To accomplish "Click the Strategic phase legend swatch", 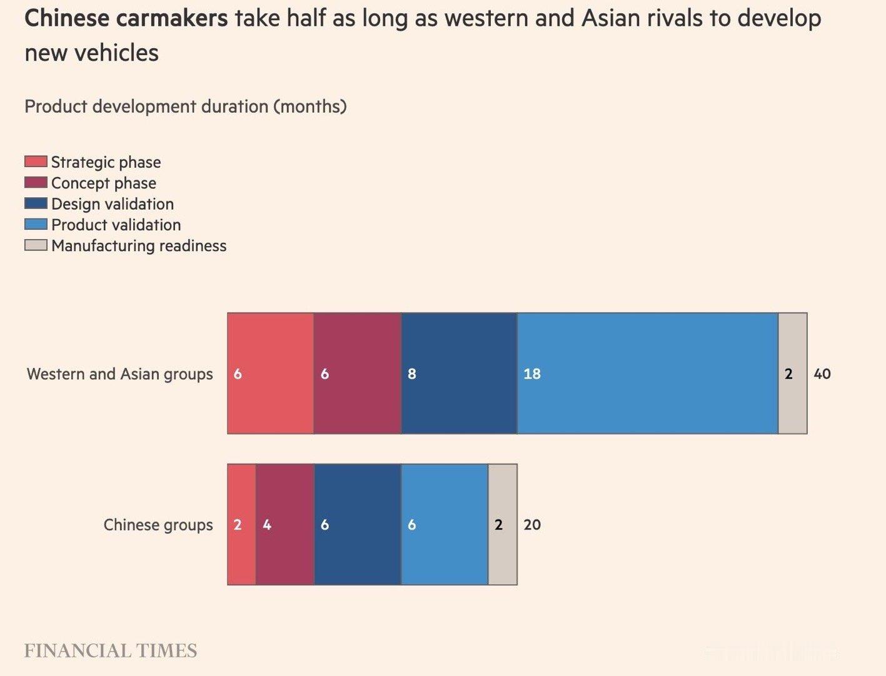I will click(x=36, y=161).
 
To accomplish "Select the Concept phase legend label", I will click(x=104, y=183).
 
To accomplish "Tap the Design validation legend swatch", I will click(x=36, y=203).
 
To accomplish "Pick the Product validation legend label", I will click(x=116, y=225).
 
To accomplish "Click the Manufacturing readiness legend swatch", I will click(x=36, y=245).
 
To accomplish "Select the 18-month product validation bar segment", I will click(x=647, y=373).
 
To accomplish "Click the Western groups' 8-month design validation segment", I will click(x=459, y=373).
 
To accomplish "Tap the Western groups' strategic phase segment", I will click(x=270, y=373).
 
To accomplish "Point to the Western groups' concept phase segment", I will click(x=357, y=373).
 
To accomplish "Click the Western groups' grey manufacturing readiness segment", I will click(x=792, y=373).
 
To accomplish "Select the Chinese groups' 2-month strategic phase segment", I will click(x=241, y=525).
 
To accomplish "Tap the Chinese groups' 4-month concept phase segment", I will click(x=284, y=525).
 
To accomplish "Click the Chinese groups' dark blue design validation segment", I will click(x=357, y=525).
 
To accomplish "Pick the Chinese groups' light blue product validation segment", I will click(x=444, y=525).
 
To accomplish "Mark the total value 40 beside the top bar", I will click(x=822, y=374).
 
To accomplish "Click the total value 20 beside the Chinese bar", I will click(x=532, y=525).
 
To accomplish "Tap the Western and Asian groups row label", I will click(x=119, y=374).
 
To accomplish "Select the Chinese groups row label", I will click(x=158, y=525).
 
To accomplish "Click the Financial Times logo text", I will click(x=111, y=651).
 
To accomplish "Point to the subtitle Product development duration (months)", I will click(x=185, y=106).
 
